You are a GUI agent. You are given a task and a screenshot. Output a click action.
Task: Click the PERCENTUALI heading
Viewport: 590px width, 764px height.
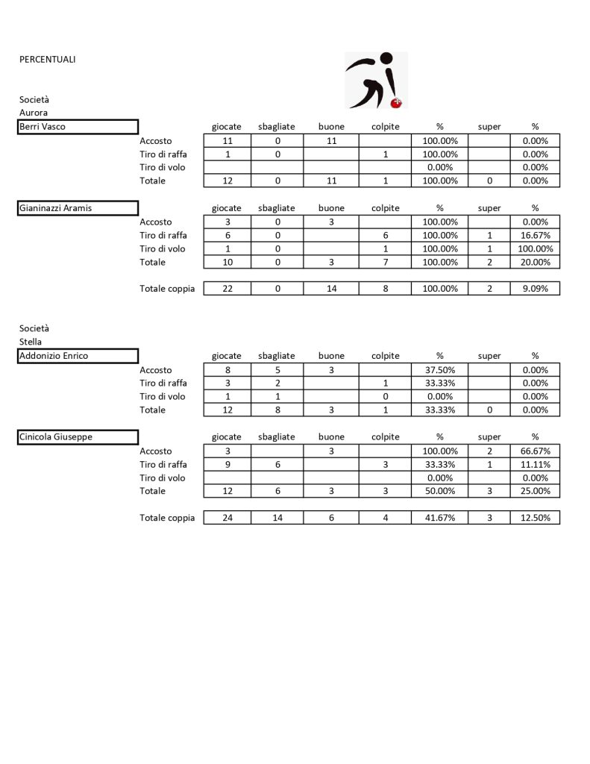(48, 60)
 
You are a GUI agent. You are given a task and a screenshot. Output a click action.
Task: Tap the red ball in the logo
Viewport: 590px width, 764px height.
(397, 102)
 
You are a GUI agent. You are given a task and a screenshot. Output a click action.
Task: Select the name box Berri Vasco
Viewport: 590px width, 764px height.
(78, 127)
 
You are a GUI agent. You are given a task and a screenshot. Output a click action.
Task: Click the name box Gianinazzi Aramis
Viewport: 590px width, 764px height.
(78, 208)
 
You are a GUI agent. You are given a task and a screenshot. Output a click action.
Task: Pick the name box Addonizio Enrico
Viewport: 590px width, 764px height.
(78, 356)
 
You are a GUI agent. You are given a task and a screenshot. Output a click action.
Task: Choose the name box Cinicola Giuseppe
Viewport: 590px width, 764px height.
(78, 437)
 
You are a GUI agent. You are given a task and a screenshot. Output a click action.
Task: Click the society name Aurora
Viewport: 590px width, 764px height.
(34, 113)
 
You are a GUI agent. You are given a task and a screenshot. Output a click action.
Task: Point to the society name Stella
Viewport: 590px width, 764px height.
(31, 342)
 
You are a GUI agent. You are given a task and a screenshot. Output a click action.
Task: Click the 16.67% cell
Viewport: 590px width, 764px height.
(535, 236)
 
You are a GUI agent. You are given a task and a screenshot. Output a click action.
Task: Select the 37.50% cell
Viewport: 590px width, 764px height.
(439, 370)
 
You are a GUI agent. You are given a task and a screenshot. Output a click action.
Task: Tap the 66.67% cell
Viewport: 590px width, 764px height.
(535, 451)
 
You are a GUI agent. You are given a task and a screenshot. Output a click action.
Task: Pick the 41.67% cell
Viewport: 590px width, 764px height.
(439, 518)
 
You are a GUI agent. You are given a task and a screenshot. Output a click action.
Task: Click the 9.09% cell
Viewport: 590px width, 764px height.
(535, 289)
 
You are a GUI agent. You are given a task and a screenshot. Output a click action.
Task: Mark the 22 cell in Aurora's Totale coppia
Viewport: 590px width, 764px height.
(226, 289)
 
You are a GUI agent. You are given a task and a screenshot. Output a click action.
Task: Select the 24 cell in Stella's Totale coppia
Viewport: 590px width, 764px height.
(226, 518)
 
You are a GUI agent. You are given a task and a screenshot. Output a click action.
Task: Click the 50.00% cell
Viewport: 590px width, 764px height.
(439, 491)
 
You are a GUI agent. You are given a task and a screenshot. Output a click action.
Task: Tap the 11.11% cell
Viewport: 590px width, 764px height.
(535, 464)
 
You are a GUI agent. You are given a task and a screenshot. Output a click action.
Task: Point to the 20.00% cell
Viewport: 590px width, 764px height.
(535, 263)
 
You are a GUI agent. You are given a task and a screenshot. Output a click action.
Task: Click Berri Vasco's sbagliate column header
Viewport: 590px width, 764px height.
(276, 127)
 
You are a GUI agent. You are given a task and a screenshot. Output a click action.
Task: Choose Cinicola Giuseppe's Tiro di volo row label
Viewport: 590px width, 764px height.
(163, 477)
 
